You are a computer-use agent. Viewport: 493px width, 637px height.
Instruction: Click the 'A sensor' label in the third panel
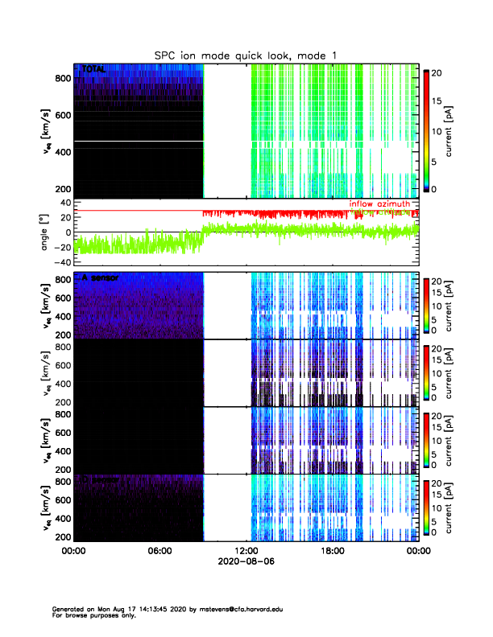pyautogui.click(x=100, y=277)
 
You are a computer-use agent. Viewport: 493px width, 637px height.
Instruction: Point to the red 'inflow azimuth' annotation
pyautogui.click(x=380, y=204)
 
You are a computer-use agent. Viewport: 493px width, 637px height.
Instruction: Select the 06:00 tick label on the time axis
pyautogui.click(x=159, y=551)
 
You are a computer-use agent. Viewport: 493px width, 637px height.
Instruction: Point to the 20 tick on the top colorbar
pyautogui.click(x=436, y=72)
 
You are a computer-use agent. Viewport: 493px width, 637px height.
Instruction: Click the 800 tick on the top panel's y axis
pyautogui.click(x=61, y=77)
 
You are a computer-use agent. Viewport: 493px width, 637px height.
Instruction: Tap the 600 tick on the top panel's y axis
pyautogui.click(x=61, y=114)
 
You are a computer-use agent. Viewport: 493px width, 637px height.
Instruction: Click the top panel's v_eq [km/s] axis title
pyautogui.click(x=46, y=130)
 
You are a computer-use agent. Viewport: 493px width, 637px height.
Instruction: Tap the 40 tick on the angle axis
pyautogui.click(x=63, y=203)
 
